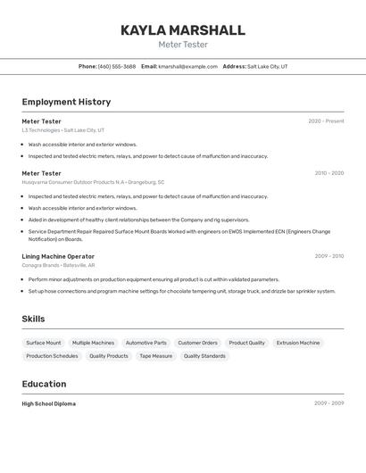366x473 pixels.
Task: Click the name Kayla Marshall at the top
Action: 183,30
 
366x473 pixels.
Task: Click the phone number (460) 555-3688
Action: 117,66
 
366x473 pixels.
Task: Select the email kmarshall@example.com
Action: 188,66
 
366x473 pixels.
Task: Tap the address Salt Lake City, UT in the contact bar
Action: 268,66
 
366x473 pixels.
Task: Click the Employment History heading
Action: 66,102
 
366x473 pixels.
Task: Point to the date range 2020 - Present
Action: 326,121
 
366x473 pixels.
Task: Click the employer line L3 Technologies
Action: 62,130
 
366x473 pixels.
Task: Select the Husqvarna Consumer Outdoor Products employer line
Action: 93,182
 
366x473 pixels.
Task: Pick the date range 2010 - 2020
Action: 329,173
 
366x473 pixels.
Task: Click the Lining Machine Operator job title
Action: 58,256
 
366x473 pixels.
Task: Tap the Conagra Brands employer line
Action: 58,265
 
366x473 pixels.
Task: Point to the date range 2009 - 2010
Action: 329,256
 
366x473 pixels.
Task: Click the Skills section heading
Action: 33,319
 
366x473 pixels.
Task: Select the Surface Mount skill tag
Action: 44,343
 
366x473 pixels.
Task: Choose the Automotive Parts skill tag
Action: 146,343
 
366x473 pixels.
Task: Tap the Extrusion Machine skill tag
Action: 297,343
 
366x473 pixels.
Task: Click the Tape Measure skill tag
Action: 155,356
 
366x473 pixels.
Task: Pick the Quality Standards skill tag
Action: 204,356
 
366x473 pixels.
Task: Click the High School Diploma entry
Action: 48,403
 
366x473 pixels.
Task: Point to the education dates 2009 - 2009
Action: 329,403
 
